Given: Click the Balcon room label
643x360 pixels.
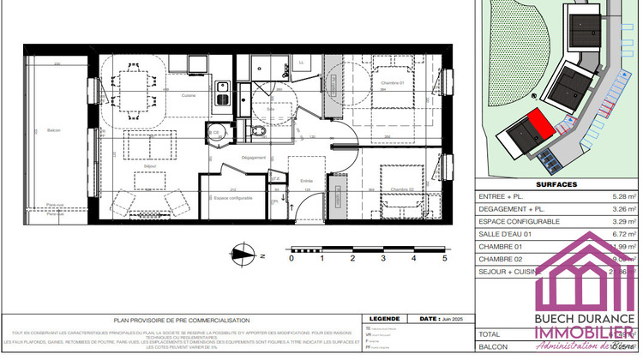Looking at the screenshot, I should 54,130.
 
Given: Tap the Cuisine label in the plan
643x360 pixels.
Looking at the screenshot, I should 189,94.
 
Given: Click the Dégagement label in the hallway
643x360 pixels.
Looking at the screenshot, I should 252,158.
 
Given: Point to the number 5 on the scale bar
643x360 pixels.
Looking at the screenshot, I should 445,256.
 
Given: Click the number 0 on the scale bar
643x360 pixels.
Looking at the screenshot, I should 291,256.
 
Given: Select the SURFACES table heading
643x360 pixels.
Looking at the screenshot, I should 556,184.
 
